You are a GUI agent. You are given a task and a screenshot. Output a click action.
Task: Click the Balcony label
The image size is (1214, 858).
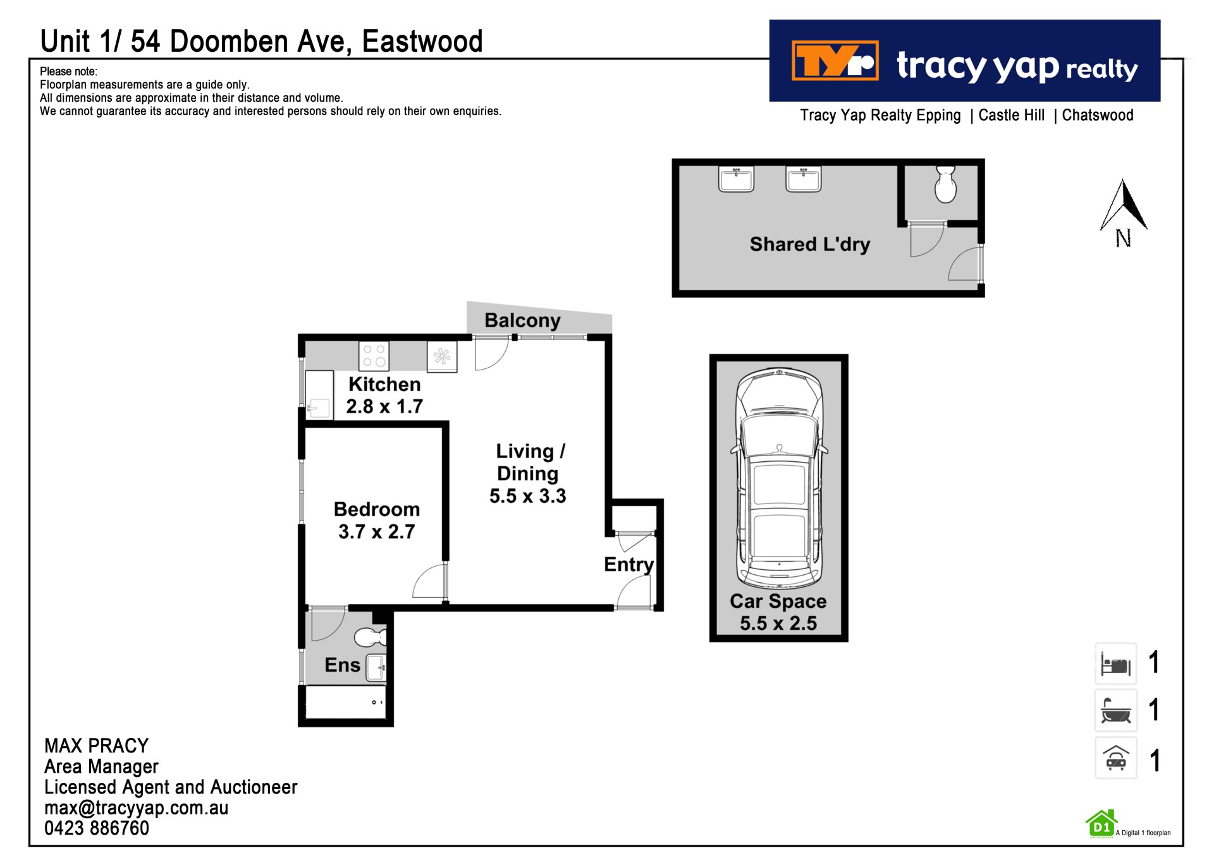tap(522, 320)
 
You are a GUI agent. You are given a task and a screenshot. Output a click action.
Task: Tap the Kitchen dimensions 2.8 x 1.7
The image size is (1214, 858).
tap(384, 406)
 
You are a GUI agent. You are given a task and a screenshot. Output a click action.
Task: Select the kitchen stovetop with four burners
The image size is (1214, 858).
tap(374, 356)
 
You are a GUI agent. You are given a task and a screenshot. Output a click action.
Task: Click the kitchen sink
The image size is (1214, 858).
tap(319, 395)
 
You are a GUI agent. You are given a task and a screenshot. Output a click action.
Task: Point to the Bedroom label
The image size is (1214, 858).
tap(377, 509)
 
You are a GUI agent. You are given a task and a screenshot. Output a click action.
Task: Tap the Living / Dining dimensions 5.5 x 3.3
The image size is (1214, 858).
tap(527, 496)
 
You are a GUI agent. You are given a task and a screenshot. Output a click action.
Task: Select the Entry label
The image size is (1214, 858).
tap(628, 564)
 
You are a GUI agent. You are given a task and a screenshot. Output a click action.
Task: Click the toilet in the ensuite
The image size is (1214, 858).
tap(371, 637)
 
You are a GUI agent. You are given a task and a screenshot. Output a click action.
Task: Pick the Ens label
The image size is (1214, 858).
tap(342, 665)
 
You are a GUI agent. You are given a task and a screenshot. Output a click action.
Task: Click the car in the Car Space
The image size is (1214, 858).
tap(779, 479)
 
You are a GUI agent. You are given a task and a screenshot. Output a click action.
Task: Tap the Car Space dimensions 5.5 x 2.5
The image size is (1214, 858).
tap(778, 624)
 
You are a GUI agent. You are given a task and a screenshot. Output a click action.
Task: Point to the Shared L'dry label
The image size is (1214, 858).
tap(810, 245)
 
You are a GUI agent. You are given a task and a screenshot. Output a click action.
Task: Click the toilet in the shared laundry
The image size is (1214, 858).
tap(945, 184)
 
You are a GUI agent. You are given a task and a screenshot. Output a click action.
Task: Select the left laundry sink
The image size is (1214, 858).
tap(737, 179)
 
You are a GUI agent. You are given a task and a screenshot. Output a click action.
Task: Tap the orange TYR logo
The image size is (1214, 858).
tap(835, 61)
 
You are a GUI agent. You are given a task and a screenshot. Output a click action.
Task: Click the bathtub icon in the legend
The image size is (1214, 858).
tap(1116, 710)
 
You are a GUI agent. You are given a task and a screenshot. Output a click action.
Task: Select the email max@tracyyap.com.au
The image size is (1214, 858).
tap(137, 807)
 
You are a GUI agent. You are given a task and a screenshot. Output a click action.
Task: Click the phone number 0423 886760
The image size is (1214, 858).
tap(97, 828)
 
